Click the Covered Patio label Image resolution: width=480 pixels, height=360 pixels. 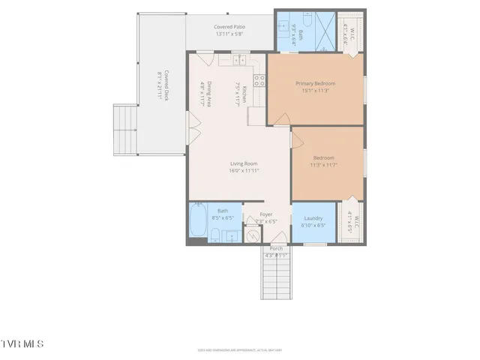(230, 27)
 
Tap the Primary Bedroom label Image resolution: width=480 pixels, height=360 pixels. (315, 83)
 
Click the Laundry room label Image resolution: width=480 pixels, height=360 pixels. (313, 218)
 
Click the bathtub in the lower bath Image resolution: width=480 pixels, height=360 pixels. (199, 223)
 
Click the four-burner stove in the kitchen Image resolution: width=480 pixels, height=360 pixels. (259, 80)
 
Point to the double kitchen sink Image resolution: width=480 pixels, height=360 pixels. (239, 59)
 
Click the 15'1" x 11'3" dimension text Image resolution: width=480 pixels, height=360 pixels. (315, 91)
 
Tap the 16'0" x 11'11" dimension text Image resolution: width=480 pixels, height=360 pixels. (244, 170)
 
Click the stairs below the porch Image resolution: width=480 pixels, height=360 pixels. (276, 277)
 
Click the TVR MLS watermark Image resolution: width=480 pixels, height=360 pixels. (22, 344)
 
